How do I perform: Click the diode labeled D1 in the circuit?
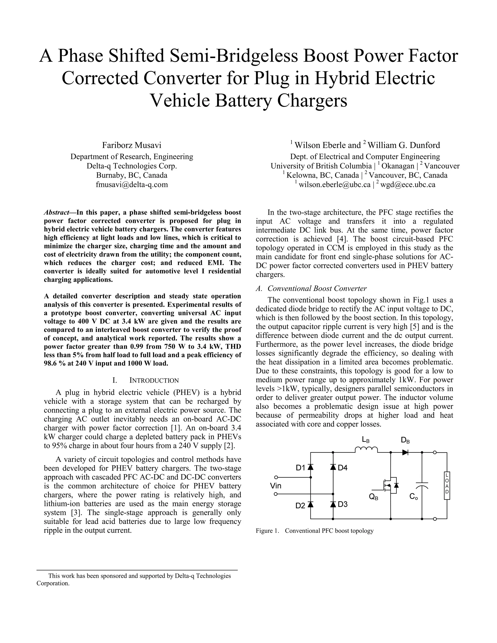point(310,467)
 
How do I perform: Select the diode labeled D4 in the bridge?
point(333,467)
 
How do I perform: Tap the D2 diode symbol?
point(310,504)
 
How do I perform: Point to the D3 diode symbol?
point(333,504)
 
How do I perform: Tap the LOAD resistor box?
point(447,486)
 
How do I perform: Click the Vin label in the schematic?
point(276,486)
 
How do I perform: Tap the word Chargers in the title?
point(312,101)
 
